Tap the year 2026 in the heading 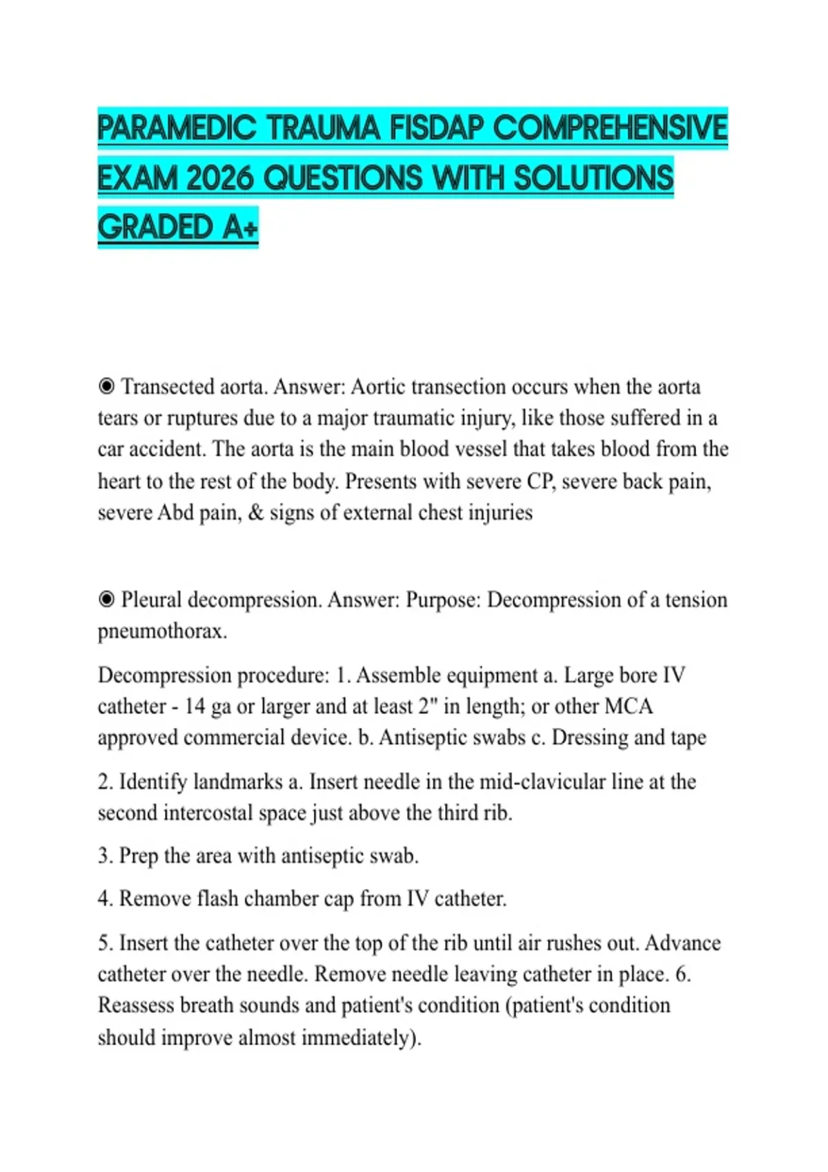[223, 178]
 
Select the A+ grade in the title [240, 228]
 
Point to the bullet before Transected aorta [106, 386]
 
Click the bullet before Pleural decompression [106, 599]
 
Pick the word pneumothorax [162, 632]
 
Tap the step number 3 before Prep [104, 856]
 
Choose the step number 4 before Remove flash [104, 899]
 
